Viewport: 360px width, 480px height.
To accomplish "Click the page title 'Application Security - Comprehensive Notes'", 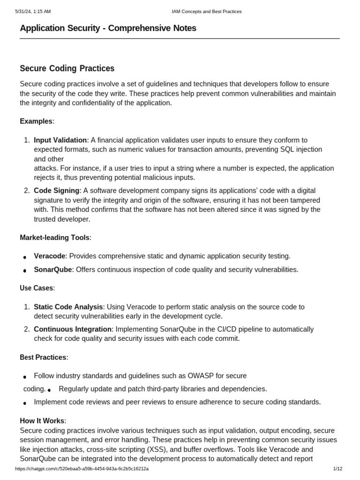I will [108, 28].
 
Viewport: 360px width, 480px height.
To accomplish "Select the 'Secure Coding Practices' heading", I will [67, 68].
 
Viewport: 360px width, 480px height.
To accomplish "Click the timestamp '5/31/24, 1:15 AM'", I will [33, 11].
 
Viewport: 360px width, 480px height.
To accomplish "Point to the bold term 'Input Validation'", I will [60, 140].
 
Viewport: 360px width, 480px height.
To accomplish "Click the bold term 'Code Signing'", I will [57, 191].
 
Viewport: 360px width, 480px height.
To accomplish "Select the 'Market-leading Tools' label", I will [54, 238].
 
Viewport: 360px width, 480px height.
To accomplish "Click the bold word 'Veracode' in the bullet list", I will [50, 256].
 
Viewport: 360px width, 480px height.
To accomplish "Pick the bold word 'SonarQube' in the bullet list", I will [53, 270].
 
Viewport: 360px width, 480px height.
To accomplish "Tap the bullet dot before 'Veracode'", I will [24, 257].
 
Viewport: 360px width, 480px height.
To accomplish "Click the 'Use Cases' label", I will [37, 288].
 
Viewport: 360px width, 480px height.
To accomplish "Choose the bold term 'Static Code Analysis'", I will [68, 307].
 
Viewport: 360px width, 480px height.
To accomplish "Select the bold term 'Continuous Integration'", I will [73, 329].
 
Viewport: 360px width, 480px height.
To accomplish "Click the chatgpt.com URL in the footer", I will [82, 469].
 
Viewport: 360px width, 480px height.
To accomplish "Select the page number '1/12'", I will [337, 469].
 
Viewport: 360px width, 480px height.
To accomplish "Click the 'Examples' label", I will [36, 121].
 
